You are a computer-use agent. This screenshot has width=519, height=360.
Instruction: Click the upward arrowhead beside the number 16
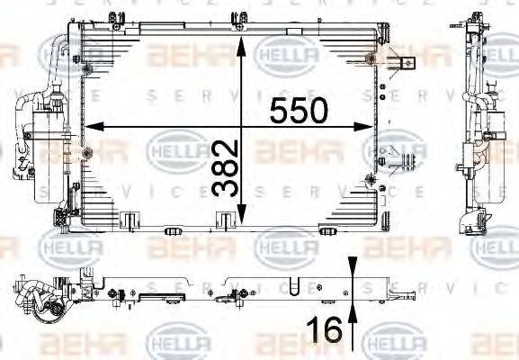pos(352,310)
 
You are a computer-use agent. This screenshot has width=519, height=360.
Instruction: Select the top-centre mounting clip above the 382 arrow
pos(240,18)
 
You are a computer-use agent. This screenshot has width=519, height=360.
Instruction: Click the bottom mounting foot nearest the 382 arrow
pos(226,217)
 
